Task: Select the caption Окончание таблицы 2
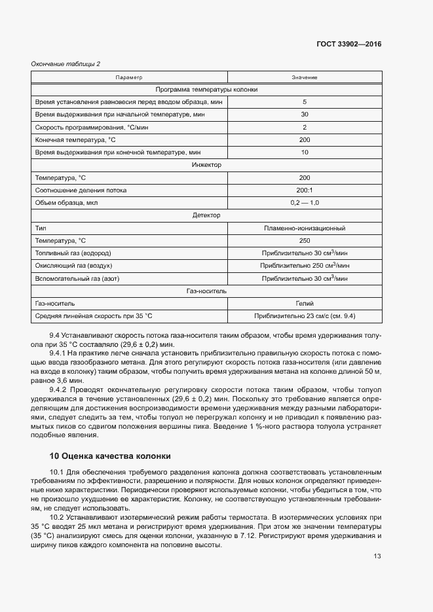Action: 66,63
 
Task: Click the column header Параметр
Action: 129,78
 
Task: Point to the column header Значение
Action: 305,78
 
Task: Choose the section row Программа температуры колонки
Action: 207,90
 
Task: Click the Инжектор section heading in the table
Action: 207,165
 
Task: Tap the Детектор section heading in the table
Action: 207,215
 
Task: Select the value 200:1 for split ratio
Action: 305,190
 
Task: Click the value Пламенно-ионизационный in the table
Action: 305,228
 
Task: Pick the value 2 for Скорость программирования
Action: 305,127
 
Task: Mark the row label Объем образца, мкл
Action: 66,202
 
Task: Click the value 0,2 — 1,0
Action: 305,202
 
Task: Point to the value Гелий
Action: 305,304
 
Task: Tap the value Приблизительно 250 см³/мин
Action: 305,266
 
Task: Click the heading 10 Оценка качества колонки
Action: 110,456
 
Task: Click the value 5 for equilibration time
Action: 305,102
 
